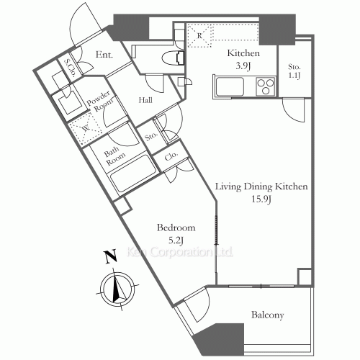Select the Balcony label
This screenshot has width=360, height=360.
267,315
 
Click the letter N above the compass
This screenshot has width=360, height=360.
109,256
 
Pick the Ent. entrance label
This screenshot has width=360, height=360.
103,53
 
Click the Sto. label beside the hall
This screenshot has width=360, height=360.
151,135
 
